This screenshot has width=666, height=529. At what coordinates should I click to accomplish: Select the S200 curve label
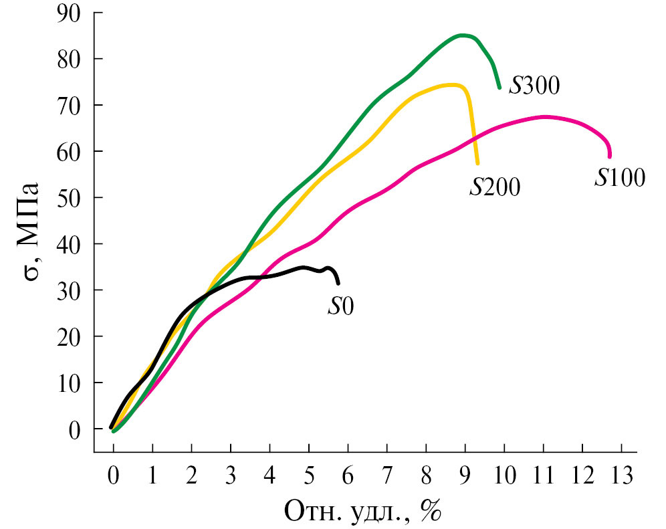495,187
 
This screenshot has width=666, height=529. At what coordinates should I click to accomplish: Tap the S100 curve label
620,177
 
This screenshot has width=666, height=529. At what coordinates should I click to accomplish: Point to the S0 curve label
340,306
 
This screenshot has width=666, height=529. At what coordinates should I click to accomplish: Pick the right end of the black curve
338,283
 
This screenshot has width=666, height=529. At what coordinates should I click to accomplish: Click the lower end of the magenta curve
609,156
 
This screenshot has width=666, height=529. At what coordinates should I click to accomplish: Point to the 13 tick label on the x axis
622,478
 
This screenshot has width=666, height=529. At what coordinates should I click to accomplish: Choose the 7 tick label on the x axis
386,478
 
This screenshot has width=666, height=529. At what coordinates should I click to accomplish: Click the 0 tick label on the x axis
113,478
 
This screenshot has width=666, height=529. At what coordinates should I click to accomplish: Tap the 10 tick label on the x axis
504,478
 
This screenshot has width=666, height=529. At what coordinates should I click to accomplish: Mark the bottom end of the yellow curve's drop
477,163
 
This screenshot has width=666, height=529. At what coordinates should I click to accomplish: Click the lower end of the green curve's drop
499,88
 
